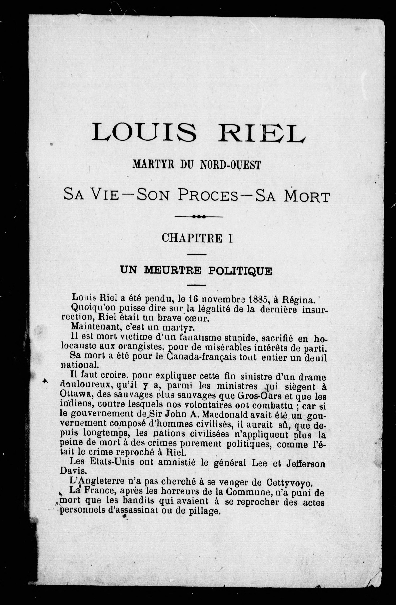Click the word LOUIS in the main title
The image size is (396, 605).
[x=144, y=132]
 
